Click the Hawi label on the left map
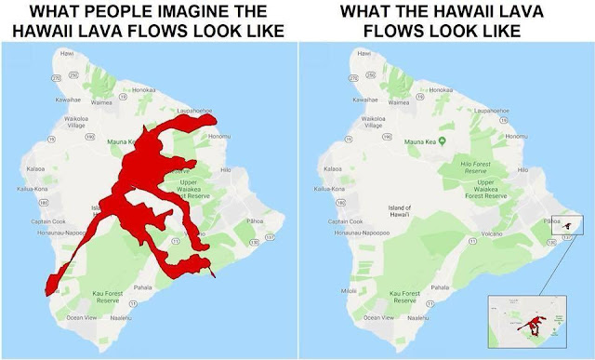(66, 54)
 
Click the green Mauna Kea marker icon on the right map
(443, 141)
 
